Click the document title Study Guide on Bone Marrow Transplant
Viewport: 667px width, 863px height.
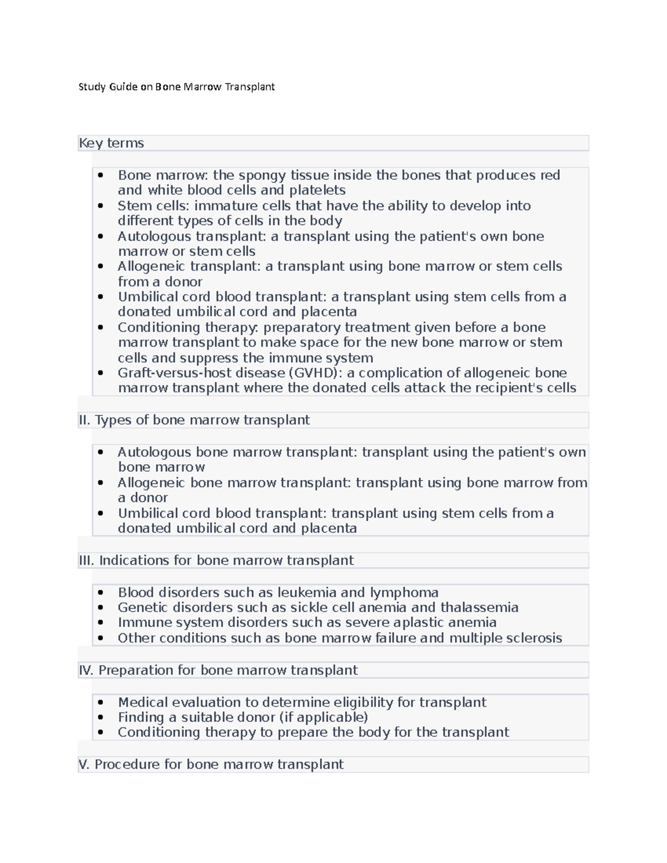[x=176, y=87]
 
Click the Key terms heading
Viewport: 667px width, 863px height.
[x=111, y=143]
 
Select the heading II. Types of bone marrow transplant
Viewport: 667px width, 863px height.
[x=194, y=420]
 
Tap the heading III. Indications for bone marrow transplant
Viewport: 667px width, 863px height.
[x=216, y=560]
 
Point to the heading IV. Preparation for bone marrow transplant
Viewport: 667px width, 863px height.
[x=218, y=670]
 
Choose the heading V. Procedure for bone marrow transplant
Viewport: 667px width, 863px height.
[x=211, y=765]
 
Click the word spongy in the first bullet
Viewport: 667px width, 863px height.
[x=261, y=175]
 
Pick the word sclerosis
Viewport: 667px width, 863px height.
[x=534, y=638]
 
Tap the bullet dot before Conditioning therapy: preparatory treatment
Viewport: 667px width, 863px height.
[x=101, y=327]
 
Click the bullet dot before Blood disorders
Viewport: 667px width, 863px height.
[x=101, y=592]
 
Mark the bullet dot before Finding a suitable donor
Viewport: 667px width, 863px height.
[x=101, y=717]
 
